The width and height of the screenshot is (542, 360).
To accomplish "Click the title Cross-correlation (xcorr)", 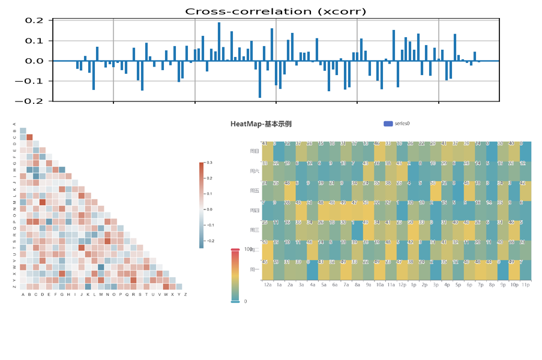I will (275, 11).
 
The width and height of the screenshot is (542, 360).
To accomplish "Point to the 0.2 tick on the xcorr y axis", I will (35, 20).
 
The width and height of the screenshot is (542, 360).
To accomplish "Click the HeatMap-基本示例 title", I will (261, 124).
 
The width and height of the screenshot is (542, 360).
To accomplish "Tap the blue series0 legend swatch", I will (388, 124).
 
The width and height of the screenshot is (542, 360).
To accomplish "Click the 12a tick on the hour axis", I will (268, 285).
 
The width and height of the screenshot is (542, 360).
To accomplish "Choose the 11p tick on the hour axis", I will (525, 285).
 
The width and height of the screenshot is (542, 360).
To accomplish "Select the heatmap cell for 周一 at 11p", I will (526, 270).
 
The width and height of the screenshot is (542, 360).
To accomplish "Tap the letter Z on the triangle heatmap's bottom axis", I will (185, 295).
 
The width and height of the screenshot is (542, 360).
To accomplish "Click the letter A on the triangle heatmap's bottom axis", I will (23, 295).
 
